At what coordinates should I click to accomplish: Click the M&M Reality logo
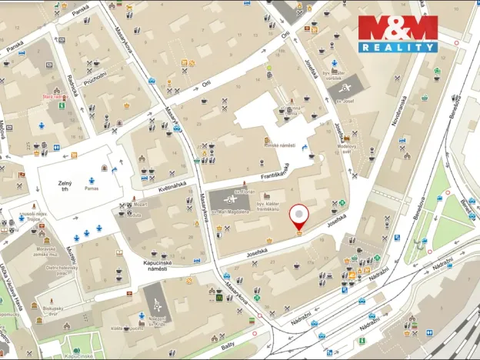coord(398,34)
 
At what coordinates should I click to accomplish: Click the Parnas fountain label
coord(92,188)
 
